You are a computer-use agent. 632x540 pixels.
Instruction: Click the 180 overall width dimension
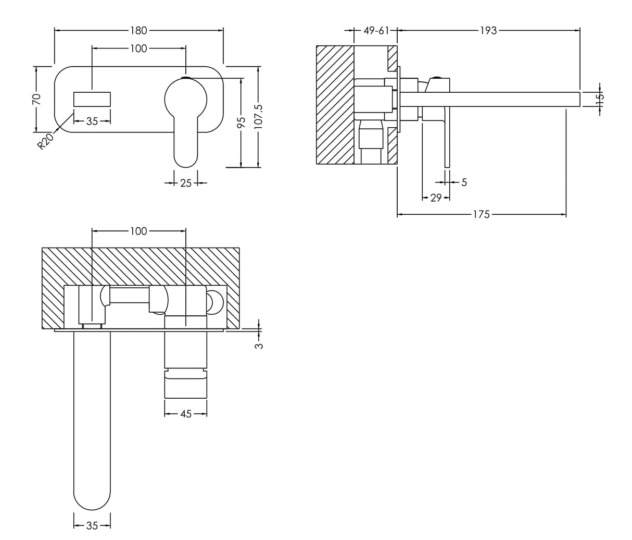point(139,30)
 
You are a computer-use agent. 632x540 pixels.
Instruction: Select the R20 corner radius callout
point(46,141)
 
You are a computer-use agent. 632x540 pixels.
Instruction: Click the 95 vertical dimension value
point(241,122)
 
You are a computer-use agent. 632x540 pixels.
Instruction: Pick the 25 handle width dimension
point(186,183)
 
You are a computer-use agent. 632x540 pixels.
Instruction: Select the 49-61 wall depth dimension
point(376,30)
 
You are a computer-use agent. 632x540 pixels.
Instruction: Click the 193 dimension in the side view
point(488,30)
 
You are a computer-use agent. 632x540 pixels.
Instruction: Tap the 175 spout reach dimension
point(481,214)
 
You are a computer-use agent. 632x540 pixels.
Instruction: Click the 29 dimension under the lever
point(436,198)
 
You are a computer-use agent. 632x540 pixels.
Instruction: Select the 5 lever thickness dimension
point(464,182)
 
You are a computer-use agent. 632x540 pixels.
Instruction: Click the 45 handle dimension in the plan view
point(186,414)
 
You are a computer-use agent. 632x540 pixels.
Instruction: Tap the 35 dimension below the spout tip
point(92,526)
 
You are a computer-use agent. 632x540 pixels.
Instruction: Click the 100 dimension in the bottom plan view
point(138,231)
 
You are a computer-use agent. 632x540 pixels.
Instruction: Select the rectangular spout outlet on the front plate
point(92,99)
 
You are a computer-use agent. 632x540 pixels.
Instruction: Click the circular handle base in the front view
point(186,99)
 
